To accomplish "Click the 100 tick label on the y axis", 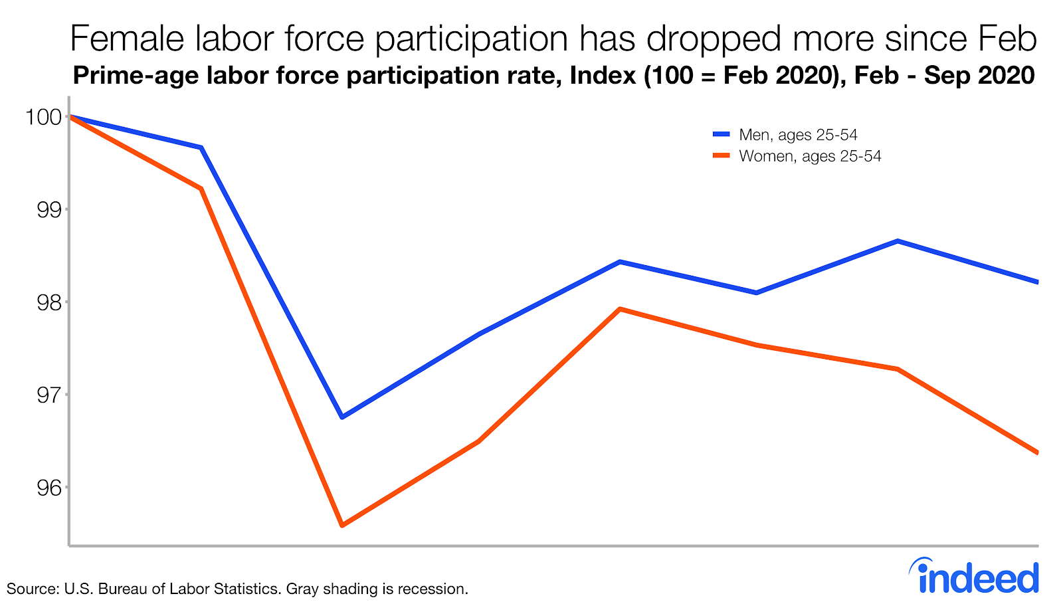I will coord(43,118).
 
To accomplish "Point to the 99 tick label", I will coord(48,210).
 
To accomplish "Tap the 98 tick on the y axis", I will coord(48,303).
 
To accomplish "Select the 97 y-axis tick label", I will coord(48,395).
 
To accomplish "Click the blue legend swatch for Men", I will coord(721,134).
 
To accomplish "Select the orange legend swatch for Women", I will coord(721,155).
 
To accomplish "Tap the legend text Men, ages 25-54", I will coord(798,135).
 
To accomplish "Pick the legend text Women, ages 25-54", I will coord(810,156).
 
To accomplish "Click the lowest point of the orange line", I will coord(341,526).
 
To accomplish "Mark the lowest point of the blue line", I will coord(341,417).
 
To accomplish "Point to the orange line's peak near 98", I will coord(619,309).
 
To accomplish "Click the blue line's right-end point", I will coord(1036,282).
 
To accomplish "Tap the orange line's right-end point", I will coord(1036,453).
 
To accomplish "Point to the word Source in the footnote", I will coord(29,589).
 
